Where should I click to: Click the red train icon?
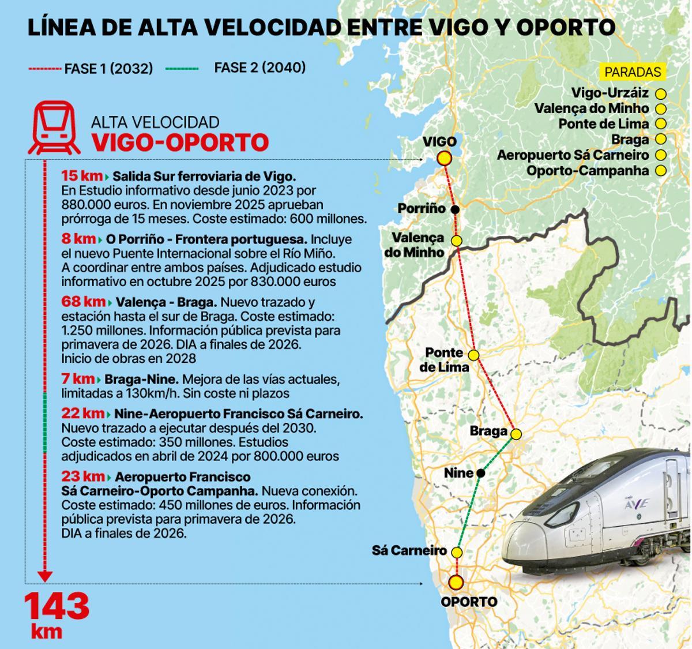click(x=54, y=127)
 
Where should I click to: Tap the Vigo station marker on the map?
click(x=444, y=159)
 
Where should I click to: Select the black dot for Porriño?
click(x=455, y=209)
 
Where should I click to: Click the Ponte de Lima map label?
click(x=444, y=359)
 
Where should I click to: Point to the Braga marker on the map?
click(x=516, y=434)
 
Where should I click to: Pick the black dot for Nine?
click(x=481, y=473)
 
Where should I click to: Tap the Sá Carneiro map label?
click(x=409, y=550)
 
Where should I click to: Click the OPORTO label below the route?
click(x=469, y=602)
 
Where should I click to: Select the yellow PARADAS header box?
click(x=633, y=72)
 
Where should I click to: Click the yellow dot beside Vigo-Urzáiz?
click(x=661, y=93)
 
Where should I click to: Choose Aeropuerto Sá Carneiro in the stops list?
click(x=573, y=155)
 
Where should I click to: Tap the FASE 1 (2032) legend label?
click(x=108, y=69)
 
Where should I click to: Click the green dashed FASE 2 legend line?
click(x=182, y=69)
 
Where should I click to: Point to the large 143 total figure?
click(x=57, y=606)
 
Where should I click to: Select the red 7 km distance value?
click(x=78, y=379)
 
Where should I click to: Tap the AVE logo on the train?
click(x=637, y=504)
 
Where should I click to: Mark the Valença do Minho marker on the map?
click(x=457, y=241)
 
